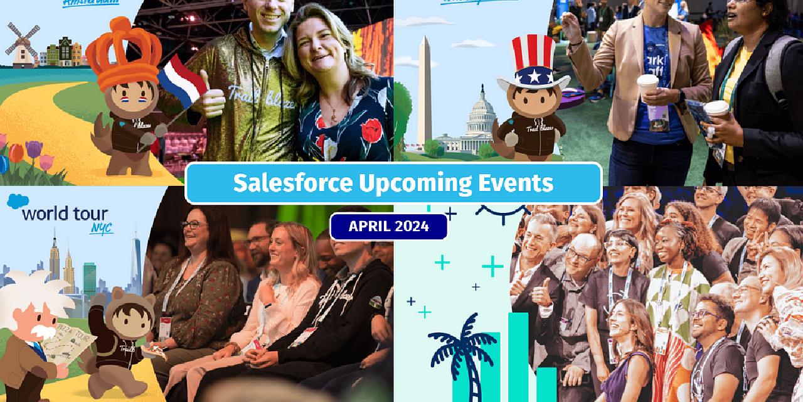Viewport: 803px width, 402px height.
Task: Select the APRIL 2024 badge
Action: (x=389, y=227)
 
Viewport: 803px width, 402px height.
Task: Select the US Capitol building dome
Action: (x=481, y=113)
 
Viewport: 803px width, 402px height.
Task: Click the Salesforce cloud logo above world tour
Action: (x=18, y=201)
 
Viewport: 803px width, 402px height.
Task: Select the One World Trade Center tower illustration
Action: (x=135, y=264)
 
